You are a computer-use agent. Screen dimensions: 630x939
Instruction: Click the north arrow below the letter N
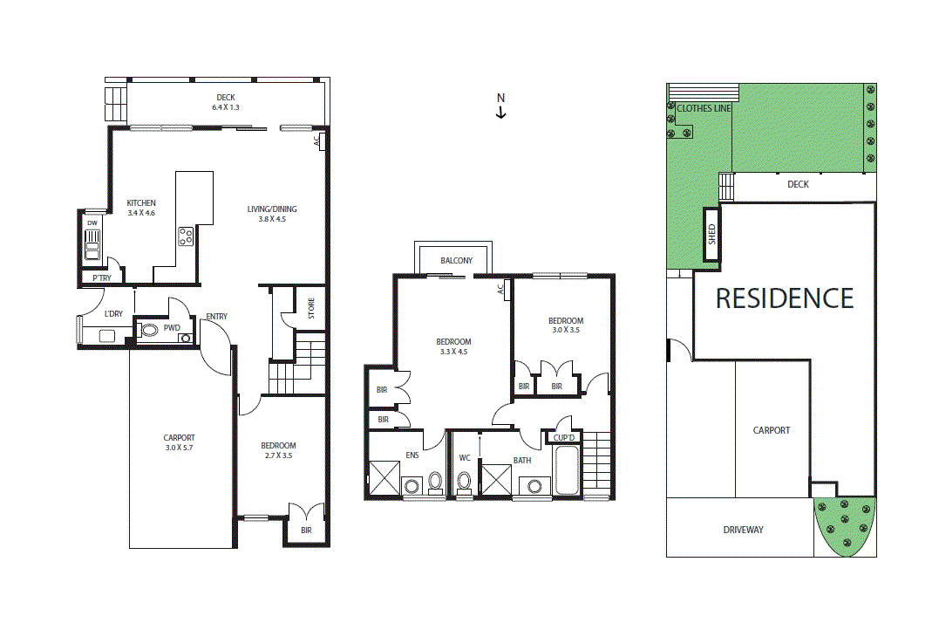[x=501, y=113]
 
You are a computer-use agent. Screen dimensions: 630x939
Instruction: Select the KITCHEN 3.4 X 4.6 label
[x=140, y=208]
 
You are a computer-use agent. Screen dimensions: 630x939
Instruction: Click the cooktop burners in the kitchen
[x=186, y=236]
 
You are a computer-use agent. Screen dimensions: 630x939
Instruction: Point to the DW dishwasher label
[x=92, y=223]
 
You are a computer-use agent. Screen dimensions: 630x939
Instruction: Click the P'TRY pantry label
[x=101, y=278]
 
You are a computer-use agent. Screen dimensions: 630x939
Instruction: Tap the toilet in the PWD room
[x=149, y=331]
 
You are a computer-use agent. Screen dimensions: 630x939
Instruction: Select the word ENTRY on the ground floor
[x=217, y=317]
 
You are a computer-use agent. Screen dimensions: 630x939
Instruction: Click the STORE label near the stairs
[x=310, y=308]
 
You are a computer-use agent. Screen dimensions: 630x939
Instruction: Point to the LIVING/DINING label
[x=272, y=214]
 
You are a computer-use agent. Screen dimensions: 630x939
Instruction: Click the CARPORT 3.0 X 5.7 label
[x=179, y=443]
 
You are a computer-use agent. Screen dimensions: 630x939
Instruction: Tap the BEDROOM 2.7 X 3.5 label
[x=279, y=450]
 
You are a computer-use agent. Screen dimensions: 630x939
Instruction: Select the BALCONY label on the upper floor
[x=456, y=261]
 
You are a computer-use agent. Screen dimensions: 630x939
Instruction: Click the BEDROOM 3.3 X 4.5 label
[x=453, y=346]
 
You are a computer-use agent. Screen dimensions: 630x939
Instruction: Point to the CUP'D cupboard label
[x=564, y=437]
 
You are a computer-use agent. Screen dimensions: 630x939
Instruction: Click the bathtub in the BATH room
[x=565, y=471]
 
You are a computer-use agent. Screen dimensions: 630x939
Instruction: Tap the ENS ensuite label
[x=412, y=455]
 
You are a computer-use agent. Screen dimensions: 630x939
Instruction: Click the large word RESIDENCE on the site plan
[x=784, y=298]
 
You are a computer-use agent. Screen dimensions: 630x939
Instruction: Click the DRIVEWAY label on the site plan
[x=743, y=530]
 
